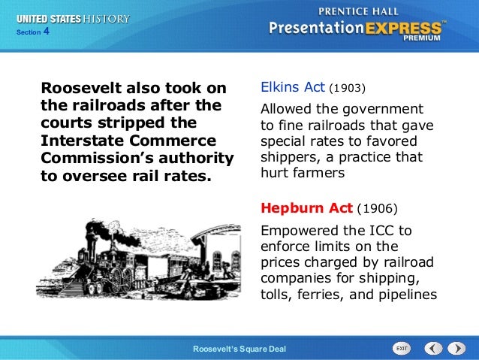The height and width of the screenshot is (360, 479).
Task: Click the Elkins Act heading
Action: coord(292,87)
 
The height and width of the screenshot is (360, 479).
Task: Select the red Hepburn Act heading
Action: coord(306,207)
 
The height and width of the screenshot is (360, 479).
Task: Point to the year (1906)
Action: coord(377,207)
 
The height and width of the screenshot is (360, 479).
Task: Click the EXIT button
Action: coord(402,348)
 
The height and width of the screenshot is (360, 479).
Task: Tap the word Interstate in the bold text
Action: coord(83,141)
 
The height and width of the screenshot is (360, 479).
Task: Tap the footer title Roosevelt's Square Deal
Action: coord(239,349)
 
